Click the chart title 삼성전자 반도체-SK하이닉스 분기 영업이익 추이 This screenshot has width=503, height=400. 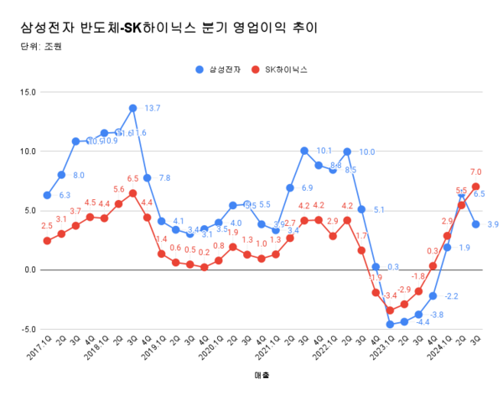point(169,28)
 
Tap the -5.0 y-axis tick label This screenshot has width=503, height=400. point(26,330)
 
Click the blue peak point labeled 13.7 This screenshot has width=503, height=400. point(132,108)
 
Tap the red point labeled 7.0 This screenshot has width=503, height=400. point(475,187)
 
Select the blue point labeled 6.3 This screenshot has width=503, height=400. point(47,195)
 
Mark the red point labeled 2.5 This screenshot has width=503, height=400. point(47,240)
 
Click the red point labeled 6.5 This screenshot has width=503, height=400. point(132,193)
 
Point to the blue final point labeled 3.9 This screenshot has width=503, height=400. point(475,223)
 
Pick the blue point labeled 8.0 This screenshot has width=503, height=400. point(61,175)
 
